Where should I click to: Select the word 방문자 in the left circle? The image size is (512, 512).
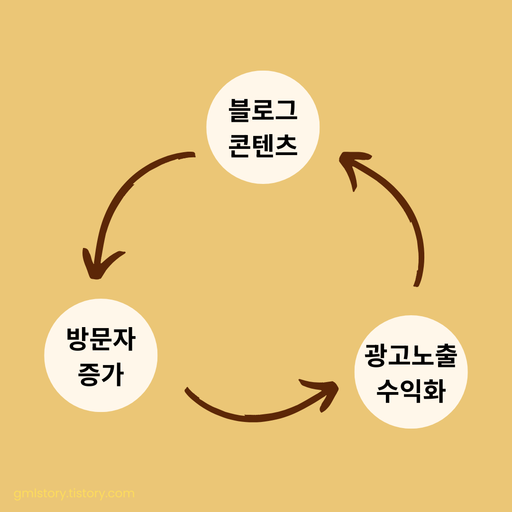click(101, 339)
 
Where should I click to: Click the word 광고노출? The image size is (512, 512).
click(411, 357)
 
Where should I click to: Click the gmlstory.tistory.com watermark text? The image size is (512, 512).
click(74, 494)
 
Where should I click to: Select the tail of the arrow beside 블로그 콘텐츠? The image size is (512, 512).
click(192, 155)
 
